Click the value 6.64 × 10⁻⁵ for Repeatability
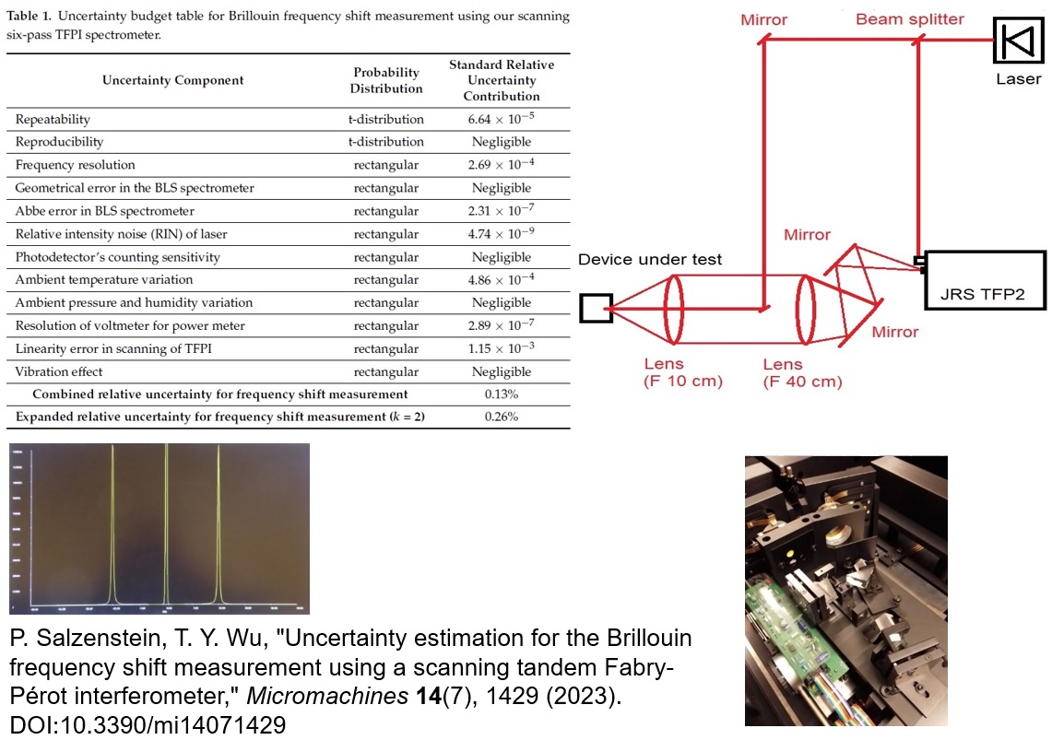click(x=502, y=119)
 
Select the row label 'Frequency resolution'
click(x=76, y=165)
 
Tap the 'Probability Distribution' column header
click(x=386, y=80)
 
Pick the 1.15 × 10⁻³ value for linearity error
click(x=502, y=349)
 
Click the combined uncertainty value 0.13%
click(x=502, y=394)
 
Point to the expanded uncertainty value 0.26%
click(x=502, y=417)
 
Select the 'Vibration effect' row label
click(x=59, y=372)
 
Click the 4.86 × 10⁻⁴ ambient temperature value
click(x=502, y=280)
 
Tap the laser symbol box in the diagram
click(x=1018, y=41)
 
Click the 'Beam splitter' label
click(x=909, y=19)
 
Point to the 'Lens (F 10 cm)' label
click(x=683, y=371)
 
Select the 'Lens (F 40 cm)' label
click(x=802, y=372)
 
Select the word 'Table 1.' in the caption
click(x=30, y=18)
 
